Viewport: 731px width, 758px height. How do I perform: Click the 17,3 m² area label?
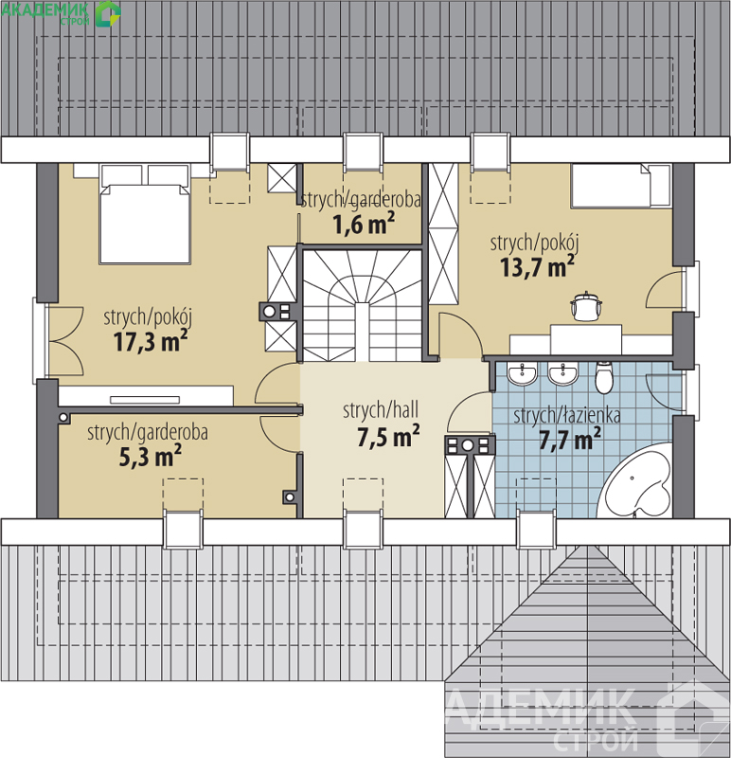[151, 341]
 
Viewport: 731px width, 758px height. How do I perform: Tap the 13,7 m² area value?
[537, 266]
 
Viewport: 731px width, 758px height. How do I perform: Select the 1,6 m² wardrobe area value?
[364, 223]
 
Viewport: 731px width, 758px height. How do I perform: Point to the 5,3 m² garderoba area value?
[151, 456]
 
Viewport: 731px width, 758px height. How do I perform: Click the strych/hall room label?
[381, 410]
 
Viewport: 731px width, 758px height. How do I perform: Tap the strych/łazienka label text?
[567, 416]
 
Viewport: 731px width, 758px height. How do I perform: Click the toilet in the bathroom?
[604, 377]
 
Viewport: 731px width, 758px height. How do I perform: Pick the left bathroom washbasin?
[523, 374]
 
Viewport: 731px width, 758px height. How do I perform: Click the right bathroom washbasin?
[562, 374]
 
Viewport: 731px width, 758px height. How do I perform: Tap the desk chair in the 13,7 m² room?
[586, 306]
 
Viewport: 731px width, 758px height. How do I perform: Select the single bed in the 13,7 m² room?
[621, 187]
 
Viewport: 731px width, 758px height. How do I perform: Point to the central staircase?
[363, 305]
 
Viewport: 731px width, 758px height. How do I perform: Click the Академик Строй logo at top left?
[61, 13]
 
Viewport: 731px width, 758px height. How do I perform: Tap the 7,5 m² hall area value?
[388, 437]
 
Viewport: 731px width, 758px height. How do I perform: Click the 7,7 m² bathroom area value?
[570, 440]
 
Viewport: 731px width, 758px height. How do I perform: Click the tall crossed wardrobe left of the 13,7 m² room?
[443, 234]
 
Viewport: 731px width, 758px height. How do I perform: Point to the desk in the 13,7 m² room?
[590, 340]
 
